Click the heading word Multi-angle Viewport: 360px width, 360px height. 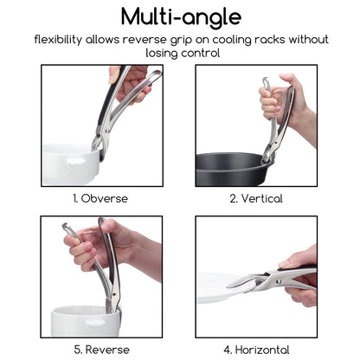[x=181, y=17]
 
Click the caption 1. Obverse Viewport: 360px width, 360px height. [x=100, y=199]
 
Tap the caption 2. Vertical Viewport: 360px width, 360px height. [x=256, y=199]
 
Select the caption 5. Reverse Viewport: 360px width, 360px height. [x=101, y=350]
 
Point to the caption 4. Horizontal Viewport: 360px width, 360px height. [x=256, y=350]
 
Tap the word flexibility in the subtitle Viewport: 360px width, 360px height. [x=58, y=40]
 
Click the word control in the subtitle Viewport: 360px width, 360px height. [x=201, y=53]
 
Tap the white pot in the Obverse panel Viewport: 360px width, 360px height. [x=72, y=164]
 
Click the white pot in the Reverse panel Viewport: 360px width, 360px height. [x=86, y=321]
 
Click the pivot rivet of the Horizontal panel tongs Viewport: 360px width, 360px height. [x=279, y=280]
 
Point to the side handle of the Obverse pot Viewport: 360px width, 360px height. [x=75, y=162]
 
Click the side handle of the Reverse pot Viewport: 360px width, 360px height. [x=95, y=323]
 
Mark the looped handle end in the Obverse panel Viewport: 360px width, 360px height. [x=154, y=75]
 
